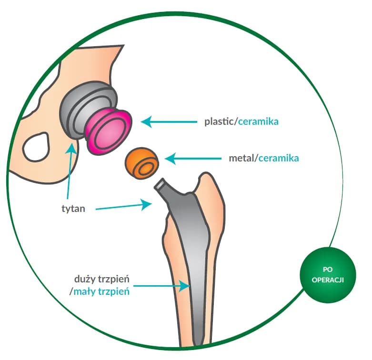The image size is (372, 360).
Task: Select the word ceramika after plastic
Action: point(258,121)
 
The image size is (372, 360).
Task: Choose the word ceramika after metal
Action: point(279,157)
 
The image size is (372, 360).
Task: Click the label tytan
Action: point(74,209)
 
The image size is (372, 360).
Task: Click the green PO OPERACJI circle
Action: point(328,274)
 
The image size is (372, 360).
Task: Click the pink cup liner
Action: point(109,130)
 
